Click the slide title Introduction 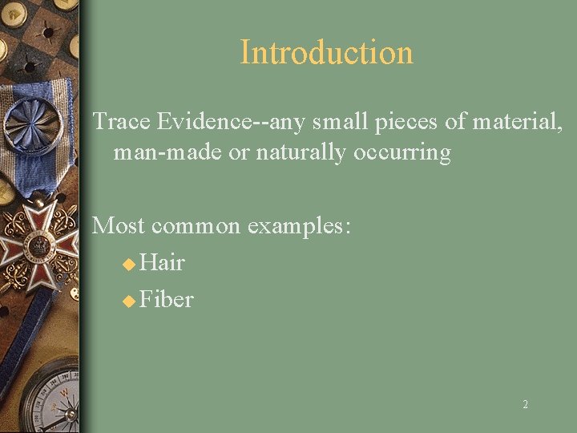[326, 53]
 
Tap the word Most [119, 225]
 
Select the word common [196, 225]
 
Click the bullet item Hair [162, 262]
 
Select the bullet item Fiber [166, 299]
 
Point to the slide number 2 [525, 405]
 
